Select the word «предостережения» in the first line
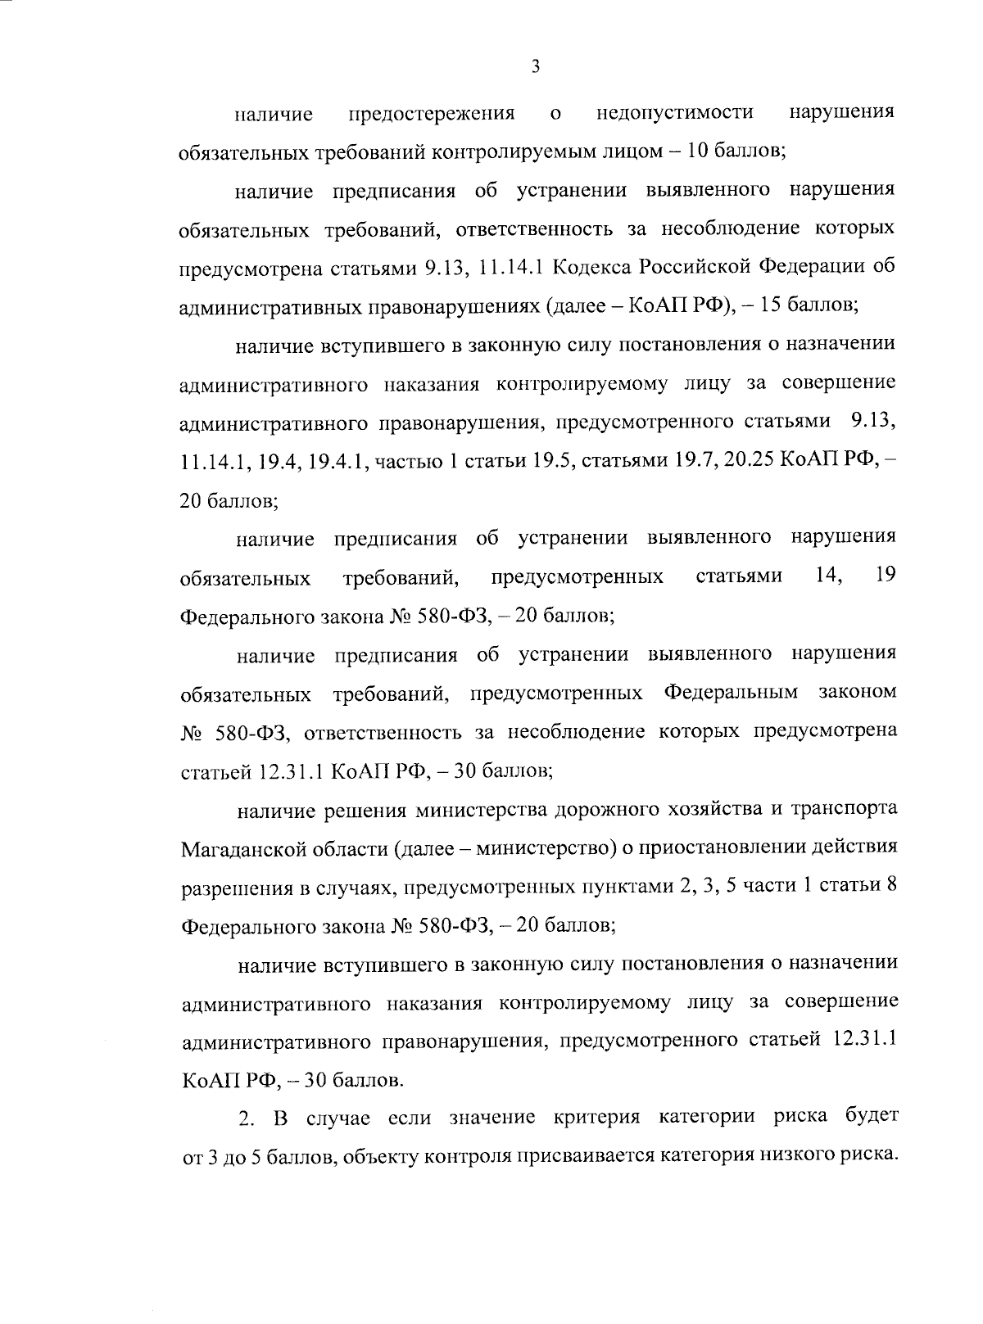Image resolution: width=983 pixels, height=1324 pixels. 432,113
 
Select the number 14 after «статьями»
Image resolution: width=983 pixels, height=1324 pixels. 829,576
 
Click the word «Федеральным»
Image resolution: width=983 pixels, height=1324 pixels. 730,694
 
